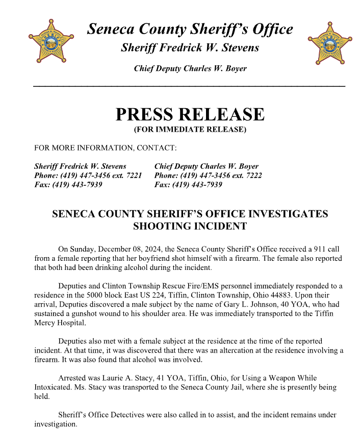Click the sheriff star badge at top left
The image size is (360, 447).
click(50, 41)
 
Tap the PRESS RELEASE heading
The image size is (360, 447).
click(190, 114)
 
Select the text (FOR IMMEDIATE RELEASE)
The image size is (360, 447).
click(190, 130)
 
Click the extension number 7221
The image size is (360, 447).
click(132, 176)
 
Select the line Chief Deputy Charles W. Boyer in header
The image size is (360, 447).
click(190, 68)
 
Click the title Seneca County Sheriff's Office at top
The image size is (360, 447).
click(190, 29)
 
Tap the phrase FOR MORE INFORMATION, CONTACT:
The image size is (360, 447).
click(105, 148)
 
